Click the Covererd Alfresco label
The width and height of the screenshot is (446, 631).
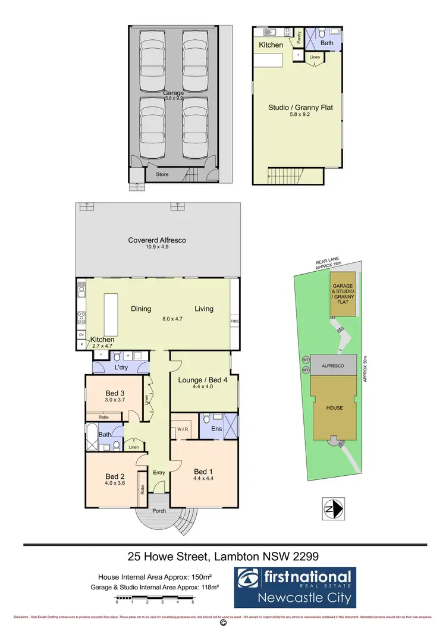[158, 240]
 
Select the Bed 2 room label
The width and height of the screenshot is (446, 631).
[115, 476]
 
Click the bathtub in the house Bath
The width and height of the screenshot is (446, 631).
[92, 438]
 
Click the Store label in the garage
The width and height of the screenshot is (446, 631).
[162, 174]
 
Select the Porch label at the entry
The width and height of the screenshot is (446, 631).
[159, 511]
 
